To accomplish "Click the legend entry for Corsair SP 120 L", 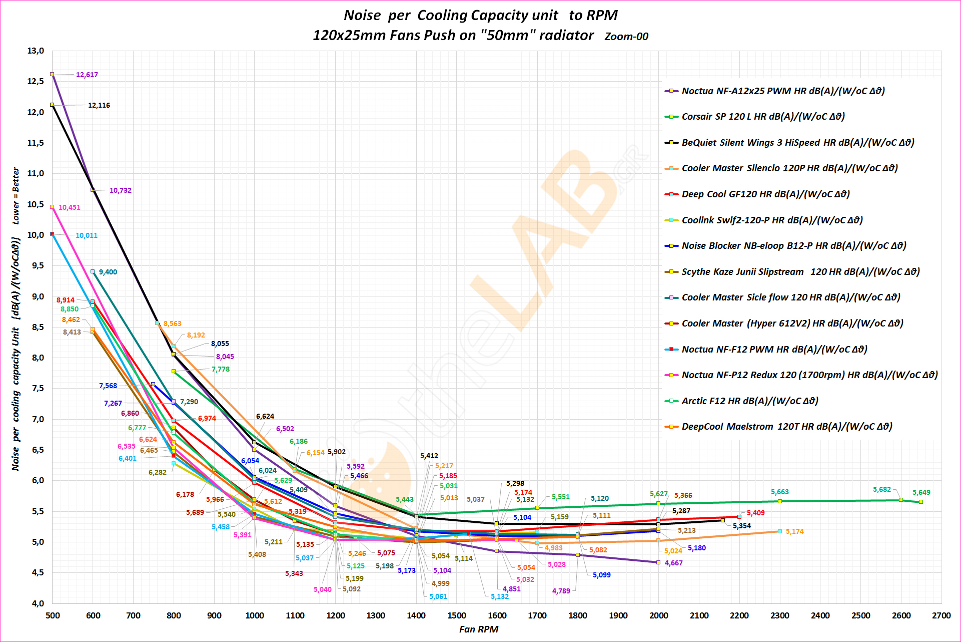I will click(x=763, y=117).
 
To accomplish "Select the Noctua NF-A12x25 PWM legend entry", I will click(x=783, y=91).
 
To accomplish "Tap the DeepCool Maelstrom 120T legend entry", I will click(x=786, y=427).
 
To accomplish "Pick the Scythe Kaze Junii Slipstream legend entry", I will click(x=800, y=272).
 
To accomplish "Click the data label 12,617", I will click(x=87, y=75).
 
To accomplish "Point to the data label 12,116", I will click(x=99, y=106).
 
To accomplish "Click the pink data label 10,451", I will click(x=70, y=208).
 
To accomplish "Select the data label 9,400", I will click(x=108, y=272).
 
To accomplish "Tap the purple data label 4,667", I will click(x=674, y=563).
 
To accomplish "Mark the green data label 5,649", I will click(x=921, y=493).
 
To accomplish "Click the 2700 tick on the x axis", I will click(x=941, y=616).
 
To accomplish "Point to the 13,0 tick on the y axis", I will click(x=36, y=51).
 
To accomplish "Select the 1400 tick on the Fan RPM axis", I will click(x=416, y=616).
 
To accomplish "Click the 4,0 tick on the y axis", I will click(x=38, y=603).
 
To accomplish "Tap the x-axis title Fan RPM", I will click(x=479, y=629).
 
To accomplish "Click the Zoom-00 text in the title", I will click(x=626, y=37).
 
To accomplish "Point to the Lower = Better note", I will click(x=16, y=196).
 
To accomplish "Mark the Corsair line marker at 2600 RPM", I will click(x=901, y=500).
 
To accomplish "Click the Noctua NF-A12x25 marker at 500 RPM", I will click(x=52, y=74).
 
